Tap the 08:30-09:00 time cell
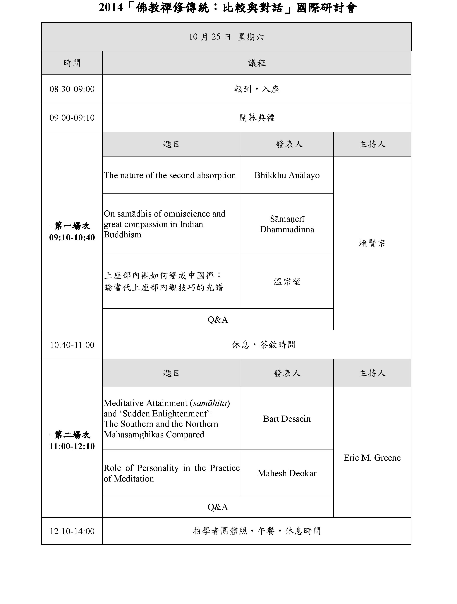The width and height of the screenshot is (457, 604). [x=72, y=89]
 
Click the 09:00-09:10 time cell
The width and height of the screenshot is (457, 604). [x=72, y=118]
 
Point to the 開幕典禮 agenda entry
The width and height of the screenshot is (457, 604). [x=257, y=118]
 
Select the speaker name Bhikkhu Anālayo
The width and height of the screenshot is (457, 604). [x=287, y=175]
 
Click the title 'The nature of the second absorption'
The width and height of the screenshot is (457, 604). [x=170, y=175]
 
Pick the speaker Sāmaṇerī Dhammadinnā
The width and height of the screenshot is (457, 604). [x=287, y=224]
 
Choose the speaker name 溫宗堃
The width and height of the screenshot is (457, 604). [x=287, y=282]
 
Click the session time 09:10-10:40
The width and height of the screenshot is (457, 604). [x=72, y=237]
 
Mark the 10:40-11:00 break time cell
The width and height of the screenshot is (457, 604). [x=72, y=345]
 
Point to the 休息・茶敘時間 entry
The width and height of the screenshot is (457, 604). [x=263, y=345]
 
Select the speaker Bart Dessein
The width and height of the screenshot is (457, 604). [x=287, y=419]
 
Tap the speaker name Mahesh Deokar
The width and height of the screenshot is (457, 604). [x=287, y=473]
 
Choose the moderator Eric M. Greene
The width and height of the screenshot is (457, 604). [x=372, y=458]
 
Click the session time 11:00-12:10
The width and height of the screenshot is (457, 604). [x=72, y=446]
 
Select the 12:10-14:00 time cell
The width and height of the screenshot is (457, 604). [x=72, y=531]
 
